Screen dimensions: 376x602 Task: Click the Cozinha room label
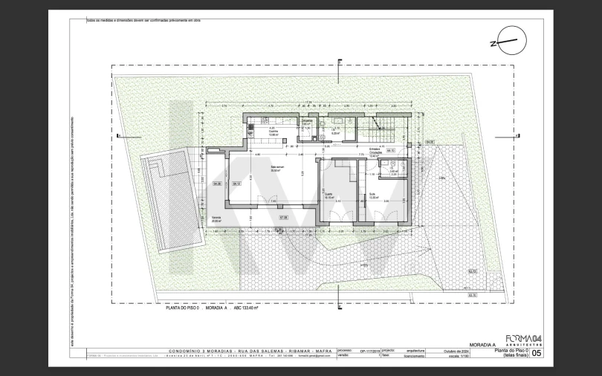(273, 133)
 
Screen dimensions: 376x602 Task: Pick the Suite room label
(373, 196)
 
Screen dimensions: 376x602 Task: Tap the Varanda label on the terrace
(216, 220)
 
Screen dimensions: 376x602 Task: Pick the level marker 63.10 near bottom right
(471, 294)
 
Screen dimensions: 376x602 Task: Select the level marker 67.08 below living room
(283, 217)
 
